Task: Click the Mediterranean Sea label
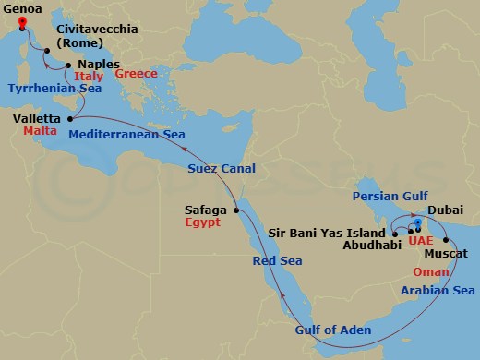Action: (x=127, y=134)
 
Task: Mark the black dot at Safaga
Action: (x=237, y=210)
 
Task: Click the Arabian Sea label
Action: (x=438, y=290)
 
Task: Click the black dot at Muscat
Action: (x=422, y=239)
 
